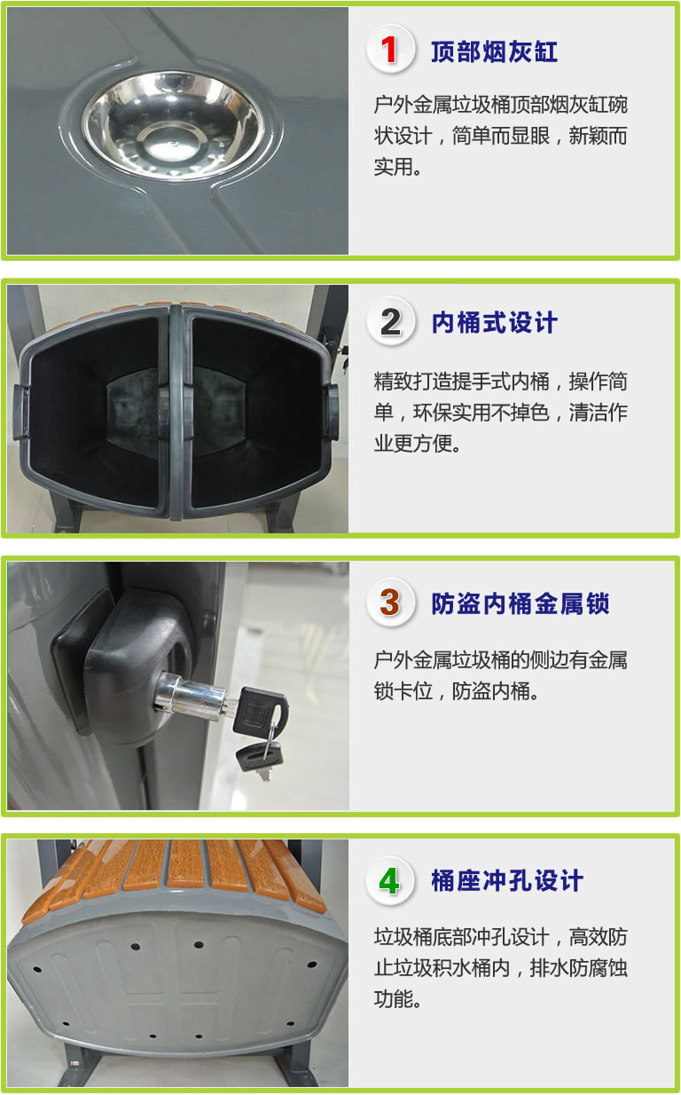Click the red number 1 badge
pyautogui.click(x=390, y=50)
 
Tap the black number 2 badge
pyautogui.click(x=390, y=321)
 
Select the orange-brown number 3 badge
pyautogui.click(x=390, y=603)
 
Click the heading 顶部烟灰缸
pyautogui.click(x=494, y=51)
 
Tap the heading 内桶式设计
pyautogui.click(x=494, y=323)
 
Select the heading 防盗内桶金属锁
pyautogui.click(x=520, y=603)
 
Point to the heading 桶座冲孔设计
pyautogui.click(x=506, y=881)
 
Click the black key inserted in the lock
pyautogui.click(x=259, y=712)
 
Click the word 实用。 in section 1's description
pyautogui.click(x=397, y=167)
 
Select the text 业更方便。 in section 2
pyautogui.click(x=417, y=444)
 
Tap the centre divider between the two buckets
pyautogui.click(x=176, y=412)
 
